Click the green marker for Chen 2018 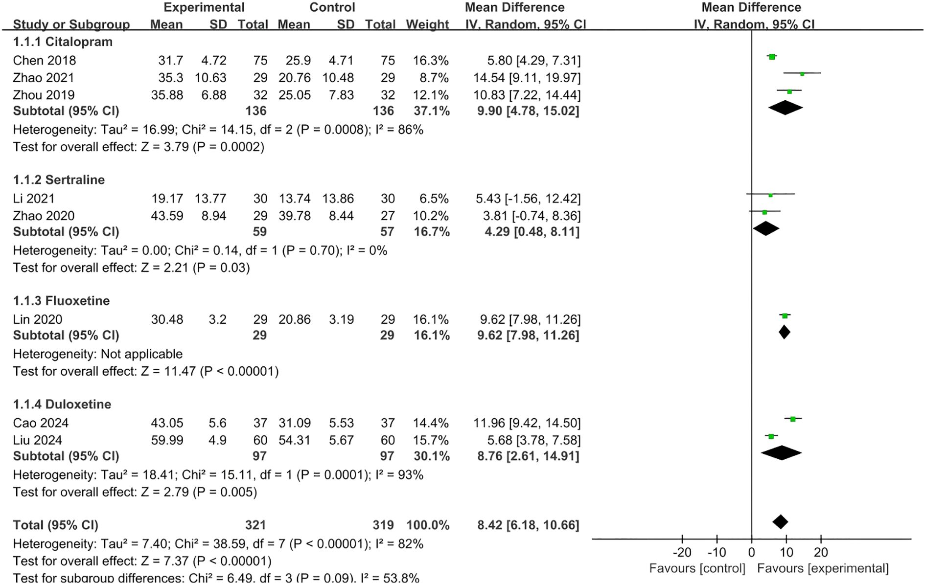[x=772, y=57]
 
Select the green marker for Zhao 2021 [x=802, y=74]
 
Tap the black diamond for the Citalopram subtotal [x=786, y=108]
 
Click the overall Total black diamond [x=780, y=522]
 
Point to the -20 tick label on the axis [x=682, y=553]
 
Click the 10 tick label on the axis [x=786, y=553]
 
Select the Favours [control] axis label [x=697, y=568]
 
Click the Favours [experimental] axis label [x=823, y=568]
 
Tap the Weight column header [x=427, y=24]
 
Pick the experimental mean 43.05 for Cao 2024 [x=167, y=423]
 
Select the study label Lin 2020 [x=38, y=319]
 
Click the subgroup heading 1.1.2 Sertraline [x=59, y=180]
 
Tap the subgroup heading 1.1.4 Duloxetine [x=62, y=404]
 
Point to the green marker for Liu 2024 [x=771, y=436]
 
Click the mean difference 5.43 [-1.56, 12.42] [x=528, y=199]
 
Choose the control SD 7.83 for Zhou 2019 [x=341, y=95]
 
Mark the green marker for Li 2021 [x=770, y=195]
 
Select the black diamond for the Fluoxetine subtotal [x=785, y=332]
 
